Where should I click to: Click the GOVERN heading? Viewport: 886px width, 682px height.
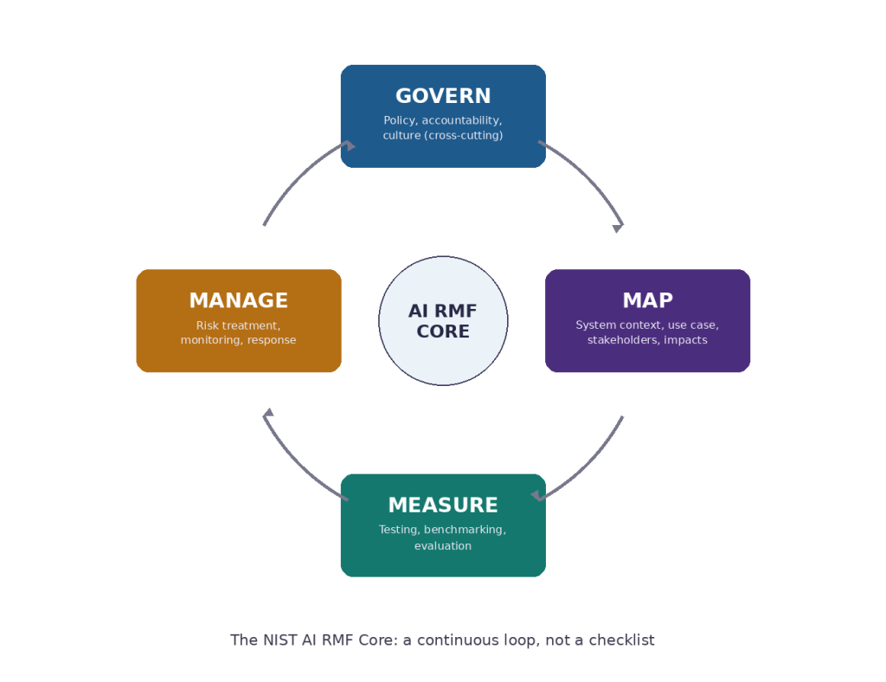(x=443, y=96)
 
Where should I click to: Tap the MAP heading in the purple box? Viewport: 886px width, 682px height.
(x=647, y=300)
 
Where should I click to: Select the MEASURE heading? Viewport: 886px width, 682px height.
(x=443, y=505)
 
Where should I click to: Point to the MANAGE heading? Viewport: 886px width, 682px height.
(x=239, y=300)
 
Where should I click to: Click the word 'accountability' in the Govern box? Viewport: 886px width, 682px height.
(x=460, y=121)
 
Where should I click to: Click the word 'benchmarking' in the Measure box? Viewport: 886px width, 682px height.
(x=464, y=530)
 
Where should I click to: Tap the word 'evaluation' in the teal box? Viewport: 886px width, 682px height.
(x=443, y=546)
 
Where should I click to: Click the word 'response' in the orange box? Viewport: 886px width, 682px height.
(x=271, y=340)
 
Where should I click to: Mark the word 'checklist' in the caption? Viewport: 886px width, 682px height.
(x=621, y=640)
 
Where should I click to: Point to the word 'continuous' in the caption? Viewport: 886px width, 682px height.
(x=450, y=640)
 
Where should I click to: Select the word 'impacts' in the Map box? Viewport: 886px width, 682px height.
(x=685, y=340)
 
